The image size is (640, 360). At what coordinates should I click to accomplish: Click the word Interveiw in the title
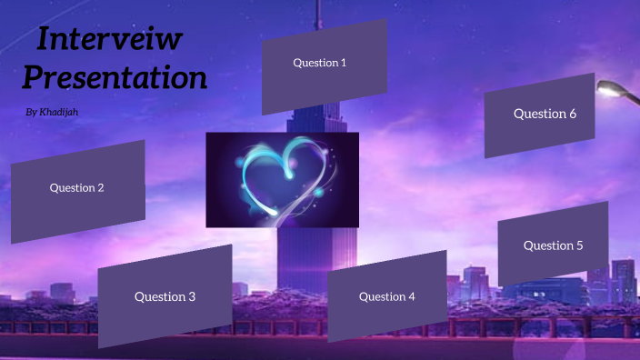click(x=111, y=41)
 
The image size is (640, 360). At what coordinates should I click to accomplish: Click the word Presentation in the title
click(x=115, y=77)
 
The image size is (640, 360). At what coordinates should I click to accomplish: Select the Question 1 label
click(x=319, y=63)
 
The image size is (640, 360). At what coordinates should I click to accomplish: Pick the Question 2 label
click(x=76, y=188)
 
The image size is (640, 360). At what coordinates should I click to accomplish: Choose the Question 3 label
click(x=165, y=296)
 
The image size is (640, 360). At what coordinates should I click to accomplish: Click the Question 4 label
click(x=386, y=296)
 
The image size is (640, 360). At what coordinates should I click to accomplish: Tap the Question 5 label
click(x=553, y=245)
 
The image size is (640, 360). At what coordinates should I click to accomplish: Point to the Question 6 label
click(x=545, y=114)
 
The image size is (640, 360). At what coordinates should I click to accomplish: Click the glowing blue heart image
click(x=282, y=180)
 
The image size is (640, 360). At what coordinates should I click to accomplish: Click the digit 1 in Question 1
click(x=344, y=63)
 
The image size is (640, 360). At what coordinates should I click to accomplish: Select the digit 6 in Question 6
click(x=573, y=114)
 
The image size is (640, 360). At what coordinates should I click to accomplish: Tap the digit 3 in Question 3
click(x=192, y=296)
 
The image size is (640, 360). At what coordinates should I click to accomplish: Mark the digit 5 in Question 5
click(x=579, y=245)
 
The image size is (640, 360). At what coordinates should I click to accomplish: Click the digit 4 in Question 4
click(x=412, y=296)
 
